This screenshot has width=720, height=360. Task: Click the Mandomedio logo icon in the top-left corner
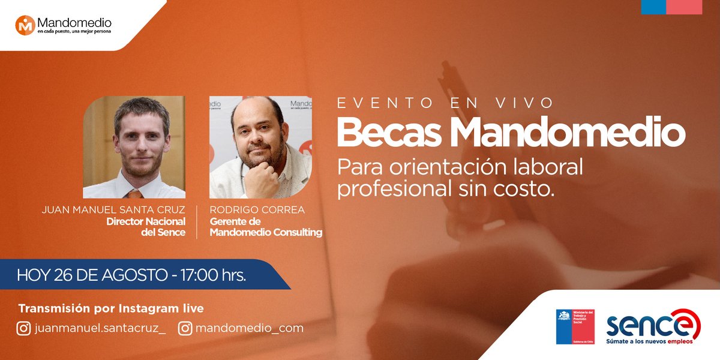click(25, 25)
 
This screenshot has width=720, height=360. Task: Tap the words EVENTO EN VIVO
click(445, 103)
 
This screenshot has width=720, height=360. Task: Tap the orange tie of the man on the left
click(135, 193)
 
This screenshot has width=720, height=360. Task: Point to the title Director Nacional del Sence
click(146, 227)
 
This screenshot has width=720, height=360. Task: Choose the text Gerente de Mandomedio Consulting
click(266, 227)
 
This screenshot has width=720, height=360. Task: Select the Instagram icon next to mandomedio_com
click(185, 328)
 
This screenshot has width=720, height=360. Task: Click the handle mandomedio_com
click(250, 328)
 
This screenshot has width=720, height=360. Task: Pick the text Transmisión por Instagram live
click(111, 309)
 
